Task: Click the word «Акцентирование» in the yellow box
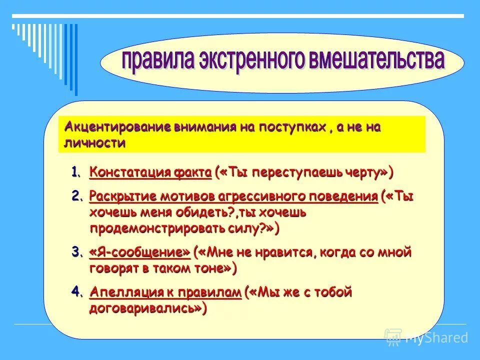tap(118, 127)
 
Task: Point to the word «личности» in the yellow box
tap(95, 143)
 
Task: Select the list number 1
tap(76, 173)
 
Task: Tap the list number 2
tap(76, 196)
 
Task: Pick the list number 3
tap(76, 252)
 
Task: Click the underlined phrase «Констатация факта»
tap(150, 173)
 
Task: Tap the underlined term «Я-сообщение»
tap(140, 252)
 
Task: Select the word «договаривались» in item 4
tap(143, 308)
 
